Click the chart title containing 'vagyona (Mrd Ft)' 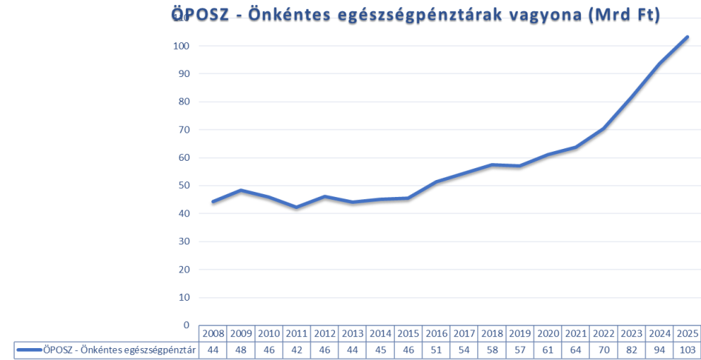[415, 14]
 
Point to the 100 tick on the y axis [182, 46]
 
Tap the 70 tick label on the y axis [182, 130]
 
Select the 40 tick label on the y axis [182, 213]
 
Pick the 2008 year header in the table [213, 333]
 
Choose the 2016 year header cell [436, 333]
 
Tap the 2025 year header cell [687, 333]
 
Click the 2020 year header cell [548, 333]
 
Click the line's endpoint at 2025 [687, 37]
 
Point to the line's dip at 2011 [297, 207]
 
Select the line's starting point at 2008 [213, 201]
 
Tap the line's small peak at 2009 [242, 190]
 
